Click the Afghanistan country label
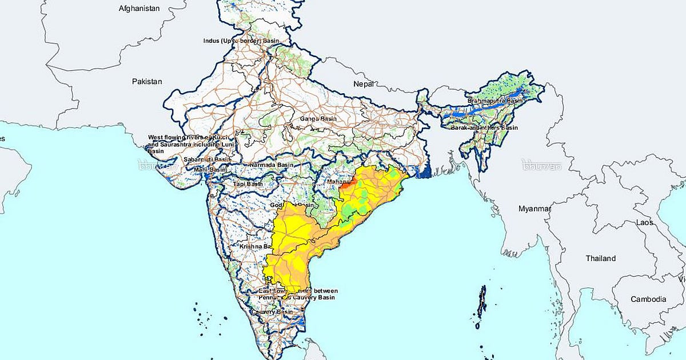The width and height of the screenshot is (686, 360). pos(139,9)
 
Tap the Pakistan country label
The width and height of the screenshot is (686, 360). pos(147,82)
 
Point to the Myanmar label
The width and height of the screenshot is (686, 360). pos(534,209)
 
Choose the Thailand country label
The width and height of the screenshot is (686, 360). pos(600,258)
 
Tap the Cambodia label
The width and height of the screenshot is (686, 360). pos(648,299)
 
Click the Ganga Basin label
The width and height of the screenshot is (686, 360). pos(318,119)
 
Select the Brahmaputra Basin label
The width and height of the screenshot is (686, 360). pos(495,101)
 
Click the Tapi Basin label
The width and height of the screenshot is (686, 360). pos(248,184)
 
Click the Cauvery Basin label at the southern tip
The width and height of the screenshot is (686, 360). pos(276,312)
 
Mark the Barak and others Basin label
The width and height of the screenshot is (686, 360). pos(492,128)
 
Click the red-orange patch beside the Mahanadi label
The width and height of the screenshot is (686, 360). pos(348,183)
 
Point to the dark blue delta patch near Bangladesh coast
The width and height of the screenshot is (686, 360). pos(424,170)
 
